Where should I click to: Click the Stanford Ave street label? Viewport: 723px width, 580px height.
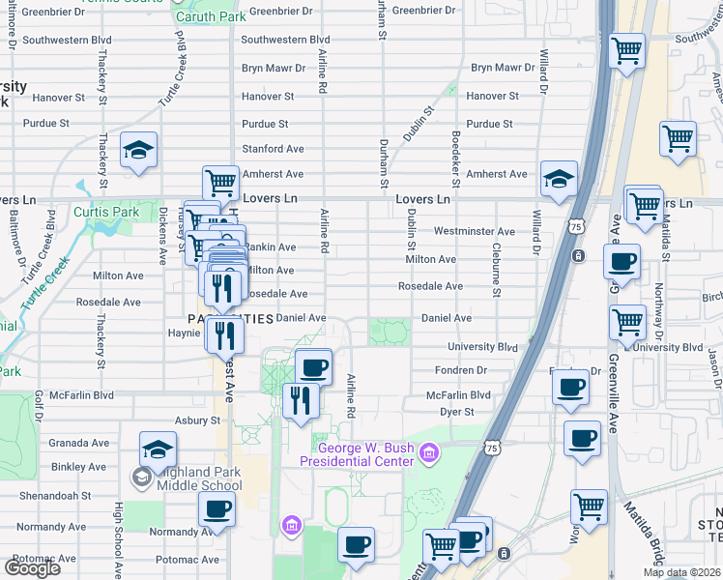pyautogui.click(x=273, y=149)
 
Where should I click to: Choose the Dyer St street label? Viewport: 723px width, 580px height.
pyautogui.click(x=456, y=412)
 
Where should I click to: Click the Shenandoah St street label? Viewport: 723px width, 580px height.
pyautogui.click(x=60, y=494)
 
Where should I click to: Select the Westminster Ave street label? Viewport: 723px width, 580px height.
pyautogui.click(x=474, y=232)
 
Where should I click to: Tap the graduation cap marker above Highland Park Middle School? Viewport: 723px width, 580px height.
pyautogui.click(x=159, y=449)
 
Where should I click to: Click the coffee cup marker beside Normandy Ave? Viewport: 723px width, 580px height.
pyautogui.click(x=217, y=509)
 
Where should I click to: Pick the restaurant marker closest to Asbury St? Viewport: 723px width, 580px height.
pyautogui.click(x=301, y=398)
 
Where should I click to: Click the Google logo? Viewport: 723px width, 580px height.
pyautogui.click(x=32, y=568)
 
